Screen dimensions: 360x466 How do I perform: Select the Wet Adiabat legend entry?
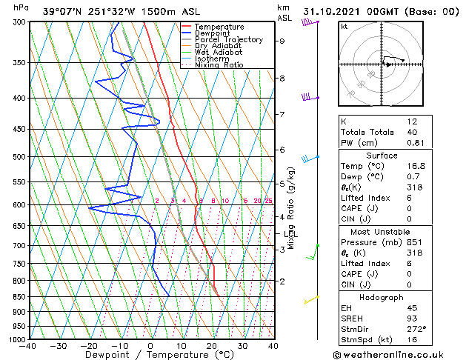point(218,53)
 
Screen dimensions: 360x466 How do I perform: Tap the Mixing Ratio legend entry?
point(219,65)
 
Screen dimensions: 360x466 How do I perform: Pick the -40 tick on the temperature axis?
point(28,346)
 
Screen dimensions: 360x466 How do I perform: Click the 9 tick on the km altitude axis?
point(282,41)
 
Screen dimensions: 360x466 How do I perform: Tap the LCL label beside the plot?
point(291,235)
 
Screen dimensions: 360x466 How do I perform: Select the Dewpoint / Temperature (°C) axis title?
point(150,355)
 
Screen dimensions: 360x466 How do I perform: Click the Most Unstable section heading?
point(382,232)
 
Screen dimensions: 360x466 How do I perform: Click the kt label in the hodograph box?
point(344,27)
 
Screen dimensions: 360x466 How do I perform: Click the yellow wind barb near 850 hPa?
point(312,299)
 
